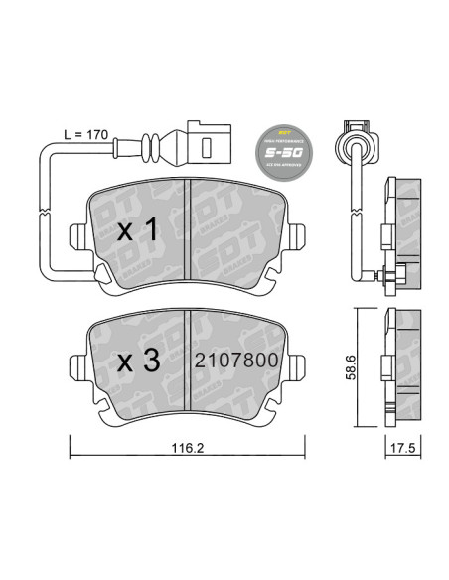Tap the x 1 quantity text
pos(138,230)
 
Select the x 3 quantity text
pos(138,362)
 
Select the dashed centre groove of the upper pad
pos(189,234)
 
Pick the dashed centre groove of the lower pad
pos(189,363)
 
